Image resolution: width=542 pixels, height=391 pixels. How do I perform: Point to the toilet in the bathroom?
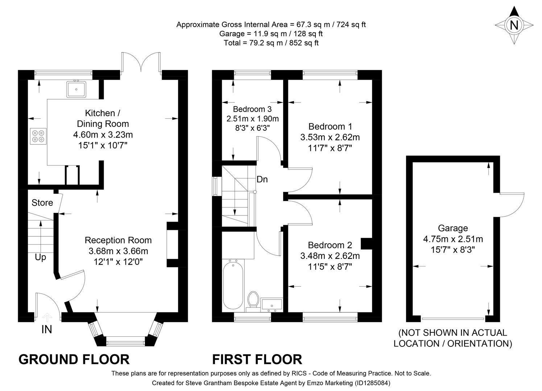pos(253,301)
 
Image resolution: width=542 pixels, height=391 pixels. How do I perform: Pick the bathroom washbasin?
pos(272,305)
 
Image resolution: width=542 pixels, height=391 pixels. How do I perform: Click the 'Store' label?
pos(42,203)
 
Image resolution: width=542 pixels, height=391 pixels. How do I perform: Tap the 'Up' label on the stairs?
pos(41,257)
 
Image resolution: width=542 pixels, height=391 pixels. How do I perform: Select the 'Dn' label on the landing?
pos(262,179)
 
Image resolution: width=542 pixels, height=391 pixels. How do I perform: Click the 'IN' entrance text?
pos(47,329)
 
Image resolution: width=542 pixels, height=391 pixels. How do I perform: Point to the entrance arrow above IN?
pos(47,317)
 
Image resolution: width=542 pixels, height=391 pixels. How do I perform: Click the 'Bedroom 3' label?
pos(252,109)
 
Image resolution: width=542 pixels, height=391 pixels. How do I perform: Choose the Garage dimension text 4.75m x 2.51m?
pos(453,239)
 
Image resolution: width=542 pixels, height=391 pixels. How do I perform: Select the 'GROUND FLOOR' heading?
pos(74,360)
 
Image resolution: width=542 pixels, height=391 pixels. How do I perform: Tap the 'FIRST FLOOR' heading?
pos(257,360)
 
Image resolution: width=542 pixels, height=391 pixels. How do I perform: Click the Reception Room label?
pos(118,240)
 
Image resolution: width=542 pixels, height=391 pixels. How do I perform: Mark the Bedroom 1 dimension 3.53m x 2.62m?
pos(330,137)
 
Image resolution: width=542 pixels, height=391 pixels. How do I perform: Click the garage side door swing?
pos(511,205)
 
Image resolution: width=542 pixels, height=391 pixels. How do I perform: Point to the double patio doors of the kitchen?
pos(141,63)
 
